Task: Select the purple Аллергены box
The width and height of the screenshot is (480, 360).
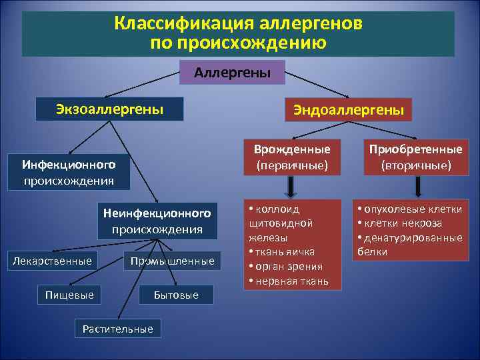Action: tap(232, 72)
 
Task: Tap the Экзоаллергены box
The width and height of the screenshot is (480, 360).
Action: tap(110, 109)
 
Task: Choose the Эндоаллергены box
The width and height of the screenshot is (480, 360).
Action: tap(347, 110)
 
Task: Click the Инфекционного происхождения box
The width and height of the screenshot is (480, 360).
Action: tap(69, 172)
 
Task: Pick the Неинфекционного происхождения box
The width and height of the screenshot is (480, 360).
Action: tap(157, 221)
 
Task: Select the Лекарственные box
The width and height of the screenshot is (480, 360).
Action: tap(53, 261)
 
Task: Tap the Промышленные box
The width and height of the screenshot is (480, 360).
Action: tap(173, 261)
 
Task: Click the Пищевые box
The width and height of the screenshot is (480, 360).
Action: tap(69, 294)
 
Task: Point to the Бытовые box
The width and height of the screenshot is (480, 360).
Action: tap(176, 295)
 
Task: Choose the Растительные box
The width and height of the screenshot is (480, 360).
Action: tap(117, 328)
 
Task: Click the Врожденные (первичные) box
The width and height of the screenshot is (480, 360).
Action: tap(287, 157)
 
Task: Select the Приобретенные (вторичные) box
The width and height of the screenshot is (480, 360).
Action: tap(416, 157)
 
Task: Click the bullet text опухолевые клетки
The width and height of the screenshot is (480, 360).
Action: tap(413, 209)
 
